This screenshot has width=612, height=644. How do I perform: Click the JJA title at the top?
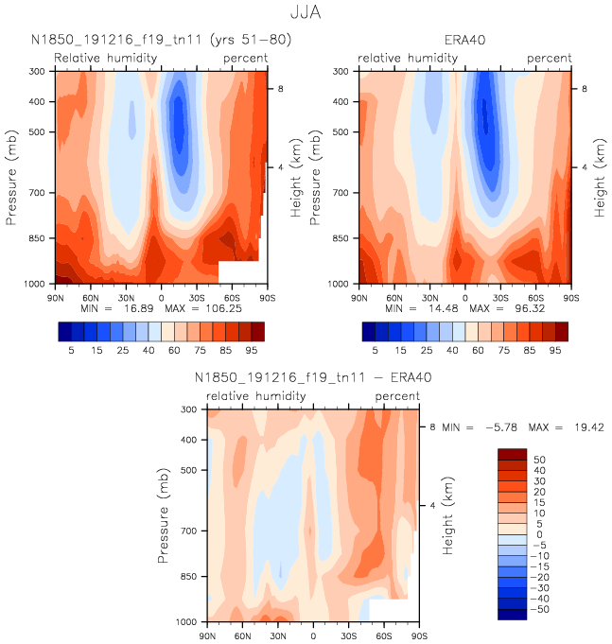coord(306,13)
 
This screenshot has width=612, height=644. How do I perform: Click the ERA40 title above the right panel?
coord(464,41)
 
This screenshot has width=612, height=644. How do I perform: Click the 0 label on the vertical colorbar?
coord(539,534)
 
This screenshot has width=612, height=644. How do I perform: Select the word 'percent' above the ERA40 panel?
coord(550,59)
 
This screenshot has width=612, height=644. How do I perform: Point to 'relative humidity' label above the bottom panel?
coord(255,396)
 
